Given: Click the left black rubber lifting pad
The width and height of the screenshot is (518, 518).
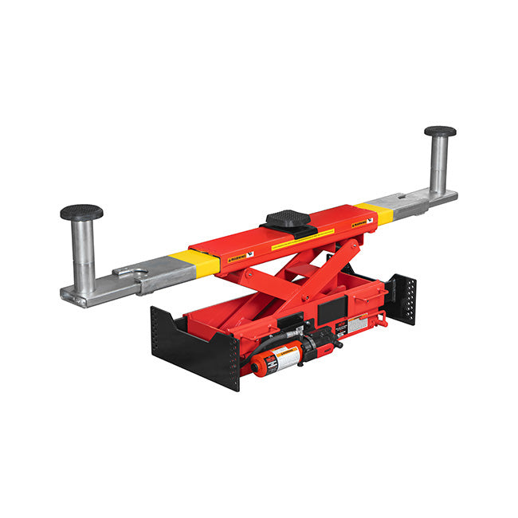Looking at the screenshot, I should point(81,212).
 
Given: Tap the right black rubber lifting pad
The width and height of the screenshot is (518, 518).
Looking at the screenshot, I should point(440,131).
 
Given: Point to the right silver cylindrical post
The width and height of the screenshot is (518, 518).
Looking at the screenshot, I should point(439,163).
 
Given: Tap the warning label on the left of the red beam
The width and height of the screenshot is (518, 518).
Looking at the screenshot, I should point(238,257).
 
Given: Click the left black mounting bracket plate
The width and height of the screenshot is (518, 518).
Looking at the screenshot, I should point(195,351).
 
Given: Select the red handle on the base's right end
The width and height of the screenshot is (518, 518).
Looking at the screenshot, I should point(381,318).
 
